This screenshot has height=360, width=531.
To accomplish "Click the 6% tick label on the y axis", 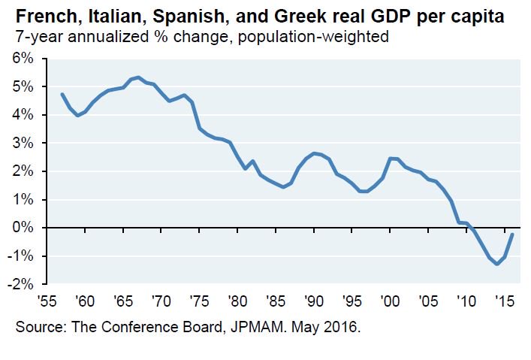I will tap(22, 59).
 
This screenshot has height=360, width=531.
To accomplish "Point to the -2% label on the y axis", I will tap(20, 284).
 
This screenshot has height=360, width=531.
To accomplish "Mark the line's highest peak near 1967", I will tap(138, 77).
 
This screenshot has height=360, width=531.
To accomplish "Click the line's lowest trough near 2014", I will tap(496, 264).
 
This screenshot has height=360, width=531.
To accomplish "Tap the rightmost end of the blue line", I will tap(512, 234).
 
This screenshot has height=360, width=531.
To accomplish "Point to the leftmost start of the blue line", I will tap(62, 94).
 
